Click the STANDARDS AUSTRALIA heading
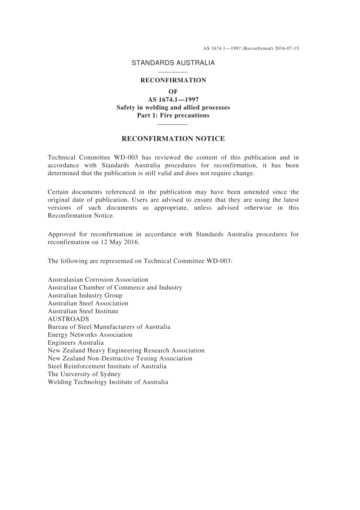pos(173,63)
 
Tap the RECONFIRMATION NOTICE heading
pos(173,139)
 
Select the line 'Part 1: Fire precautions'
pos(173,115)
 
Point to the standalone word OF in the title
pos(173,91)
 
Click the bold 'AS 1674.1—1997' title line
pos(173,100)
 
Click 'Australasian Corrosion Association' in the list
pos(98,280)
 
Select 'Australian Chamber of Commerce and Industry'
pos(115,288)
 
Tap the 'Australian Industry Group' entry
pos(85,296)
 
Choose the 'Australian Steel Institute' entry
pos(83,311)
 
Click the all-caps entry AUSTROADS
pos(68,319)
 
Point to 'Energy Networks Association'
pos(90,335)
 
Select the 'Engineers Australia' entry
pos(75,343)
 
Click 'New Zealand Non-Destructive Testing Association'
pos(120,358)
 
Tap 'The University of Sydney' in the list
pos(84,374)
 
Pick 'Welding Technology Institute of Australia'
pos(108,382)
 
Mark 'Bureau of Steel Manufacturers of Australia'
pos(109,327)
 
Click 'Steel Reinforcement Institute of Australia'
pos(107,366)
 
